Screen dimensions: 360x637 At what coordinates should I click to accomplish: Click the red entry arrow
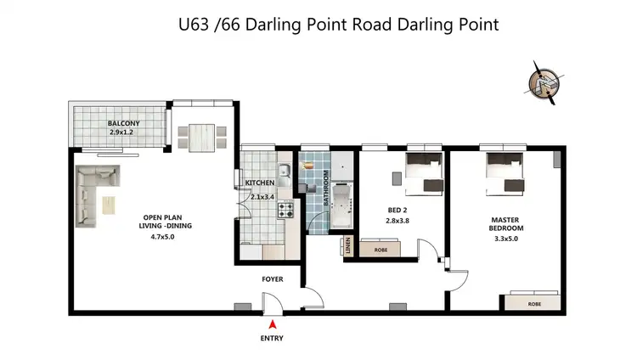272,323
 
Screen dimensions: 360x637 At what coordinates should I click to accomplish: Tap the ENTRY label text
272,338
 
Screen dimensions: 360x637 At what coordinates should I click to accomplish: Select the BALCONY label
123,124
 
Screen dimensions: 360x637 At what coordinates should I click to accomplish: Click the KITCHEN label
259,183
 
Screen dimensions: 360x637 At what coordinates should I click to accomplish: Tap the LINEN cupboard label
349,245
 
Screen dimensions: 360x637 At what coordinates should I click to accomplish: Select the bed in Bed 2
422,171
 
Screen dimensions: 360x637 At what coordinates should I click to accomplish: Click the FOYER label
273,278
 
